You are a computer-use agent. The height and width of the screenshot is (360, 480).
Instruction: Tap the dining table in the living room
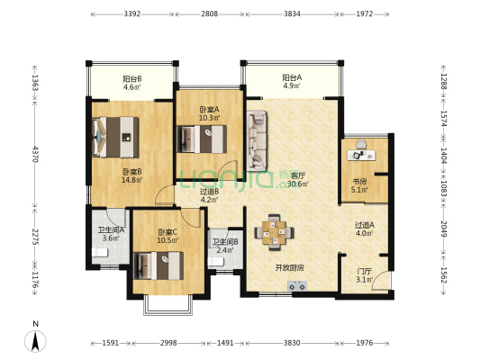274,232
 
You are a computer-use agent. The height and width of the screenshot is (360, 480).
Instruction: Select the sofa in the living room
257,140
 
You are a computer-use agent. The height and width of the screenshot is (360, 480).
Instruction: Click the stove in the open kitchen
297,286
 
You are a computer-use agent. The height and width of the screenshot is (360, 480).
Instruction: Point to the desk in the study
361,155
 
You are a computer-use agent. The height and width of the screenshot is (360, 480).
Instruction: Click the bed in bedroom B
115,137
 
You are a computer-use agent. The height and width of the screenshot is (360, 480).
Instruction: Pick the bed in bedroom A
202,139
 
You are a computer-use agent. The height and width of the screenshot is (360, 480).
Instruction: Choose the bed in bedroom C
158,265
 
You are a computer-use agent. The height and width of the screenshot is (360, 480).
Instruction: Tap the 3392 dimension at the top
132,13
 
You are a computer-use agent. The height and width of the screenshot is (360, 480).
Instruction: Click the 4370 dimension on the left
35,154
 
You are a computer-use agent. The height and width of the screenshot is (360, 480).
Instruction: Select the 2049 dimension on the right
444,229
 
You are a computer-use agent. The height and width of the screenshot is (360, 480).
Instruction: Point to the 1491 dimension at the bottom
225,343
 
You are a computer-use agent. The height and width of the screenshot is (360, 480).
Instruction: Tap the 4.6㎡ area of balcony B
132,87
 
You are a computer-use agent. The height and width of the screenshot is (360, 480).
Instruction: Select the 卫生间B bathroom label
225,242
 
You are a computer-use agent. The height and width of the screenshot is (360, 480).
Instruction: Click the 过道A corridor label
365,225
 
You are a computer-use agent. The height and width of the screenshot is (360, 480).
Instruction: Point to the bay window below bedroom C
168,305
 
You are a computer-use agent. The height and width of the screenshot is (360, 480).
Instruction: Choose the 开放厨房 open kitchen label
289,268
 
